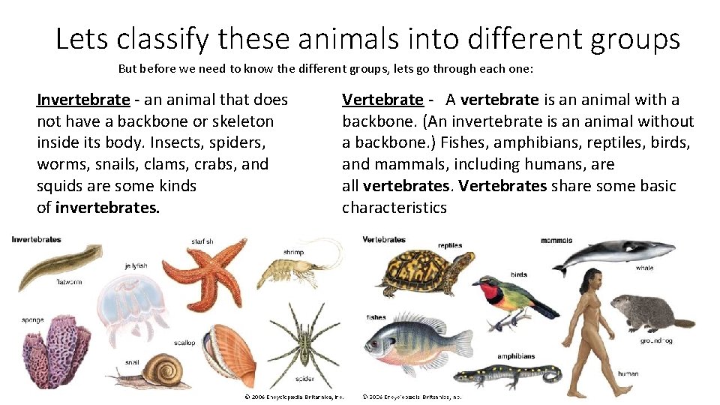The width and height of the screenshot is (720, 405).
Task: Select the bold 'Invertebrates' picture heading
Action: (37, 240)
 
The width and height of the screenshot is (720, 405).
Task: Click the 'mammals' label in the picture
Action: (556, 241)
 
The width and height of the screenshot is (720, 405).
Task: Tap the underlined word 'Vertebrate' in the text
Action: (382, 100)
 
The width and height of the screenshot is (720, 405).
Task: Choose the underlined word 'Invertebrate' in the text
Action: (83, 100)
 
